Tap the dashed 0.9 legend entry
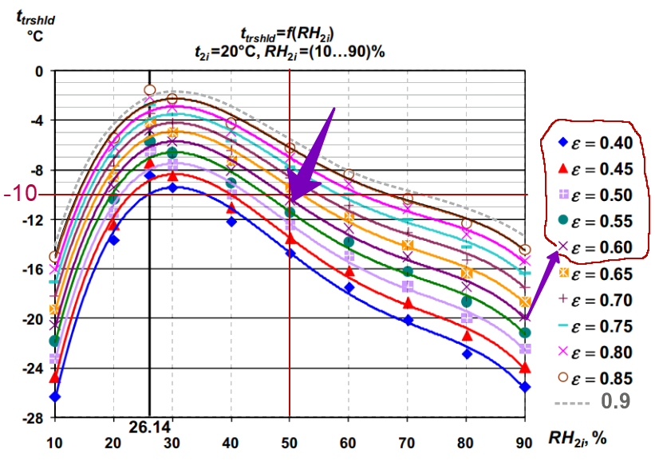click(x=595, y=401)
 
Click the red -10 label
click(x=19, y=194)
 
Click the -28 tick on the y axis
click(x=34, y=419)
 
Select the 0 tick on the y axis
click(x=38, y=72)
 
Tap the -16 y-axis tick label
click(x=34, y=270)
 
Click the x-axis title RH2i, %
click(x=578, y=438)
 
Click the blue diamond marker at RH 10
click(x=55, y=396)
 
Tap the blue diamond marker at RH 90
click(x=524, y=387)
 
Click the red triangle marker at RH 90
click(x=524, y=368)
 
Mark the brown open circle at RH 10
click(x=54, y=257)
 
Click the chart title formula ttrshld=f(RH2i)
click(x=287, y=33)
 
